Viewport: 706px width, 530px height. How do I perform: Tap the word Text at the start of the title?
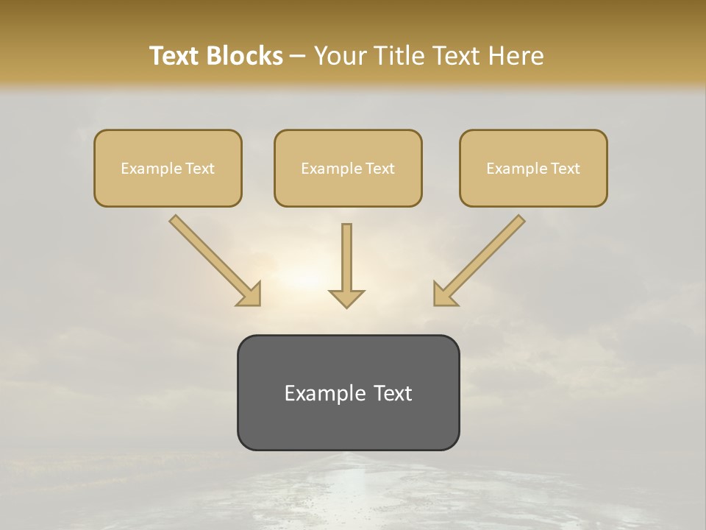pos(175,56)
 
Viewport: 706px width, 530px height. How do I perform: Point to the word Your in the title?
pos(342,56)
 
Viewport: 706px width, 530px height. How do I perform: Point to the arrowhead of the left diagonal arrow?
pos(250,294)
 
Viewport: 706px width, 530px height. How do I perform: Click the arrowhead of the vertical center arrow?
pos(346,298)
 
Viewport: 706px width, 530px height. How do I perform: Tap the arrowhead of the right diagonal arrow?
pos(443,294)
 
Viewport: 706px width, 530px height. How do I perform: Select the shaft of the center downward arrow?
pos(346,254)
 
